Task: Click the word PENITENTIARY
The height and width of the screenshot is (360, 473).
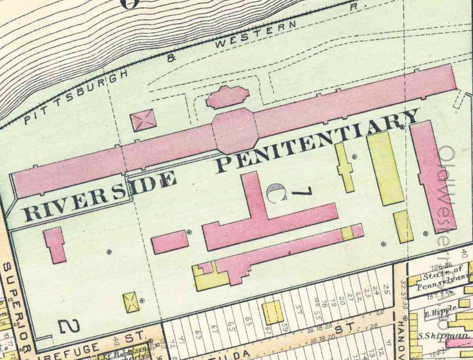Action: (x=317, y=140)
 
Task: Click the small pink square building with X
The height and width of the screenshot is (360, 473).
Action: (x=143, y=120)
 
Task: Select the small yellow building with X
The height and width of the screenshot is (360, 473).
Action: (x=131, y=302)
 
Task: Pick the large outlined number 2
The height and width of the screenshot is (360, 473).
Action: (x=69, y=326)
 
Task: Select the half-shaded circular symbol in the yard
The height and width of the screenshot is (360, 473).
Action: (x=275, y=193)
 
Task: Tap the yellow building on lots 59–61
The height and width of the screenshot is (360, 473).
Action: (x=273, y=312)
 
